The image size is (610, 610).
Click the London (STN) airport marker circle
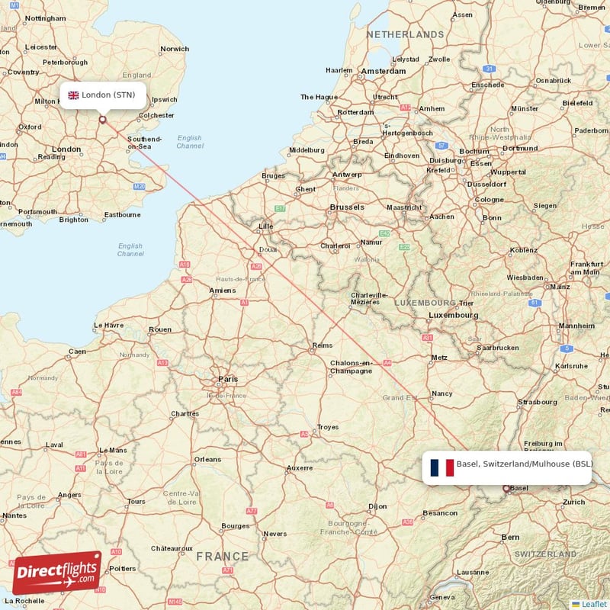pyautogui.click(x=102, y=119)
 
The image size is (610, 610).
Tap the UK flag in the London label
pyautogui.click(x=74, y=95)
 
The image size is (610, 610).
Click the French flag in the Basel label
pyautogui.click(x=441, y=467)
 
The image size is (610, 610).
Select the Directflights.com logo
pyautogui.click(x=56, y=573)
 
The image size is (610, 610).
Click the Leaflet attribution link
pyautogui.click(x=589, y=604)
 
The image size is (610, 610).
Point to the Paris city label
pyautogui.click(x=228, y=378)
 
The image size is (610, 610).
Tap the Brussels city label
pyautogui.click(x=346, y=207)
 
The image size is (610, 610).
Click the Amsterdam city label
pyautogui.click(x=384, y=71)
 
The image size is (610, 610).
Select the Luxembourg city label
pyautogui.click(x=453, y=315)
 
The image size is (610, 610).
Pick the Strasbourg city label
pyautogui.click(x=538, y=401)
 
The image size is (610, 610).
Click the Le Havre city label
pyautogui.click(x=108, y=326)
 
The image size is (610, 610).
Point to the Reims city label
pyautogui.click(x=322, y=346)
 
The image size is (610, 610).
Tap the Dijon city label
pyautogui.click(x=377, y=506)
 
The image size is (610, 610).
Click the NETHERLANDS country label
pyautogui.click(x=405, y=34)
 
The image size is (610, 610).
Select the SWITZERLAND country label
pyautogui.click(x=544, y=554)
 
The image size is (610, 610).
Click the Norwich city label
pyautogui.click(x=175, y=49)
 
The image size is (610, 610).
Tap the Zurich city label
pyautogui.click(x=573, y=502)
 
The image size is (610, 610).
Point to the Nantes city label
pyautogui.click(x=14, y=515)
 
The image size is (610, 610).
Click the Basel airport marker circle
pyautogui.click(x=506, y=489)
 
